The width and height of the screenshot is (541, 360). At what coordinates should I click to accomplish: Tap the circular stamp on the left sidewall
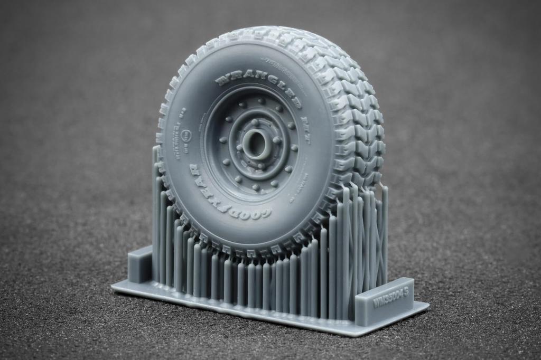click(x=186, y=136)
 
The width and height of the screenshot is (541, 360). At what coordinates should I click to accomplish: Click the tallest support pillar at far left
click(x=156, y=211)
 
